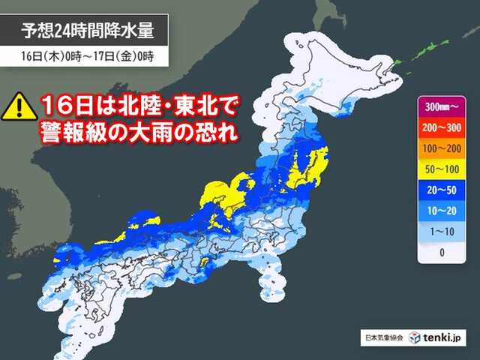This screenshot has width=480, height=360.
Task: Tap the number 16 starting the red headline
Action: point(55,105)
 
